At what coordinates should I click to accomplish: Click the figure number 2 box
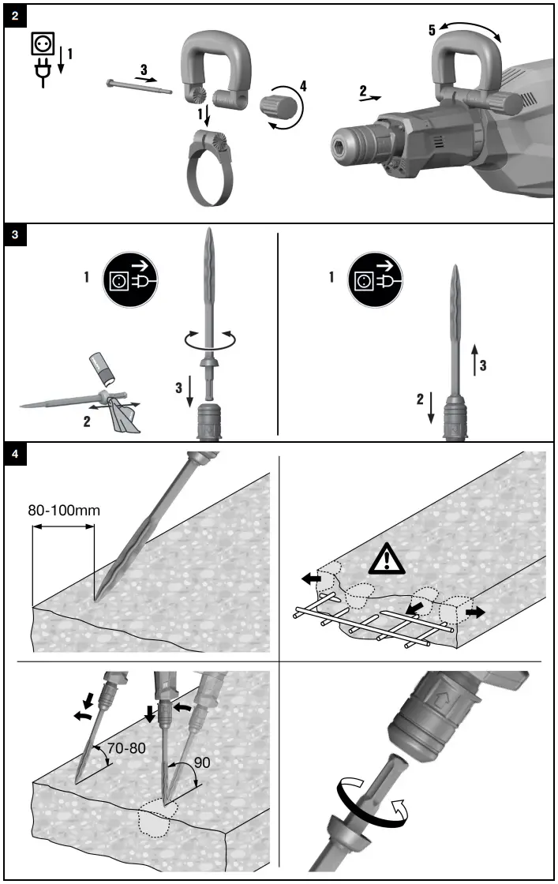pyautogui.click(x=15, y=17)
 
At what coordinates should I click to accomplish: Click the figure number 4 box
pyautogui.click(x=15, y=455)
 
